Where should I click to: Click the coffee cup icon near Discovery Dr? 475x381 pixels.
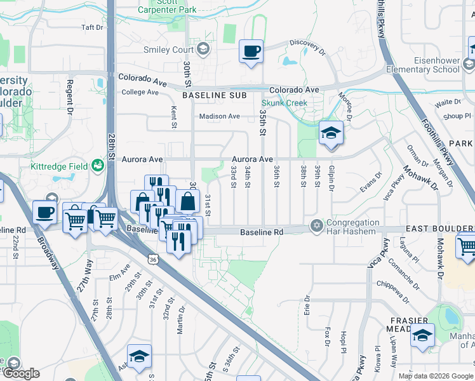tap(251, 50)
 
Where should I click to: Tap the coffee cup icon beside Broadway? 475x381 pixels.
tap(44, 212)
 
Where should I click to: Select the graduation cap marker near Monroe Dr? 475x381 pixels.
tap(331, 133)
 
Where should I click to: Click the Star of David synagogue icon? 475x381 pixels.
tap(316, 226)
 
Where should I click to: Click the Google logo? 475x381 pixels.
tap(21, 373)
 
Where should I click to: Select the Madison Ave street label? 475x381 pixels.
tap(219, 116)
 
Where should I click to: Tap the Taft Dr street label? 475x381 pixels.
tap(92, 27)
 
